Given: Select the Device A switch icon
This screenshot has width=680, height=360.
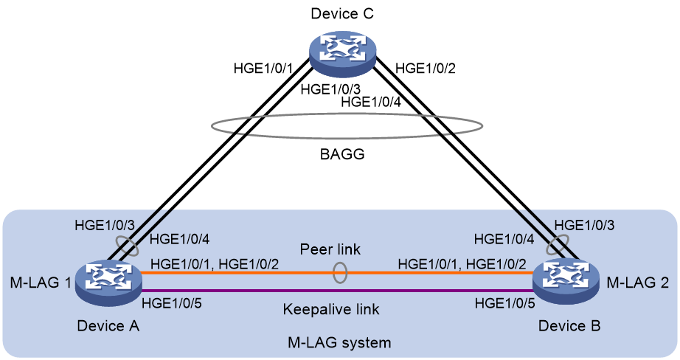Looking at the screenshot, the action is pos(108,283).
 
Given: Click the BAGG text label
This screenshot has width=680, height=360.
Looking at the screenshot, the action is pos(342,154).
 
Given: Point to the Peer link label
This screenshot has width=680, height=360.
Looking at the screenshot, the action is pos(330,249).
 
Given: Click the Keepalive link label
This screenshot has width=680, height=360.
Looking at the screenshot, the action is pos(331,309).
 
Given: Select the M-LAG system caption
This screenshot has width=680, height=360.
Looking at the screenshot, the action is pos(339,342).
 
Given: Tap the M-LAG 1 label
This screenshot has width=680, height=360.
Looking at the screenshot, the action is pos(41,283).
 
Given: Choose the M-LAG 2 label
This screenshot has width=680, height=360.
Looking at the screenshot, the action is pos(637,283).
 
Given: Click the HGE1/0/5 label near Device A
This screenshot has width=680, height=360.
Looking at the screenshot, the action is pos(172,303).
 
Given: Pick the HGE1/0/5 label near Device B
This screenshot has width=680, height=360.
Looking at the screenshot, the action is pos(504,303).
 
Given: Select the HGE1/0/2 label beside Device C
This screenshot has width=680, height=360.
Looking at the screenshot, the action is pos(426,68).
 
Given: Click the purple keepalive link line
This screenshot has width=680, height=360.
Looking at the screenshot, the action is pos(337,291).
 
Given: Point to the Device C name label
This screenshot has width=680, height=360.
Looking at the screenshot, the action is pos(342,13).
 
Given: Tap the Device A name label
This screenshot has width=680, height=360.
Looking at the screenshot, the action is pos(108,325).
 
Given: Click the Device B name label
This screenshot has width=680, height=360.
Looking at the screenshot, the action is pos(569,325).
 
